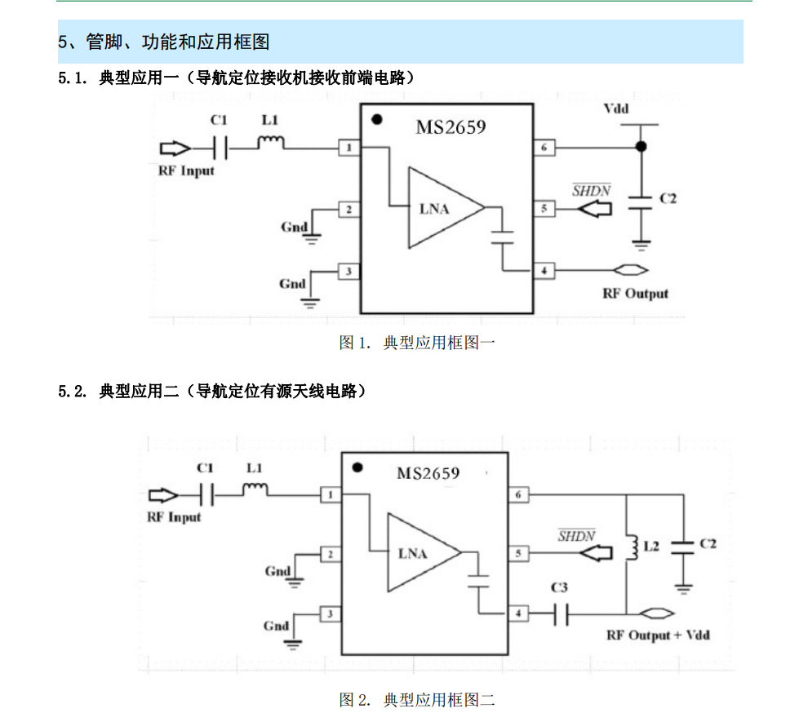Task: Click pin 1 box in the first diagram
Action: coord(349,148)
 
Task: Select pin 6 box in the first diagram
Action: coord(544,148)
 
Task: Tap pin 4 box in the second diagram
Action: coord(517,614)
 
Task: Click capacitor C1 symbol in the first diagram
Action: coord(219,148)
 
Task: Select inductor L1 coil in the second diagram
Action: coord(255,490)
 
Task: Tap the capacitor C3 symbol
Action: coord(560,614)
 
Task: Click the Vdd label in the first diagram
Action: coord(616,109)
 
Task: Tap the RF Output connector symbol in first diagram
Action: coord(631,270)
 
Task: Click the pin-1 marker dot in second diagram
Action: coord(356,468)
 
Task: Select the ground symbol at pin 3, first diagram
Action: coord(311,303)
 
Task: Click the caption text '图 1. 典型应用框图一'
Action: coord(417,343)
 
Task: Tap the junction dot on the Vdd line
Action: coord(642,147)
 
